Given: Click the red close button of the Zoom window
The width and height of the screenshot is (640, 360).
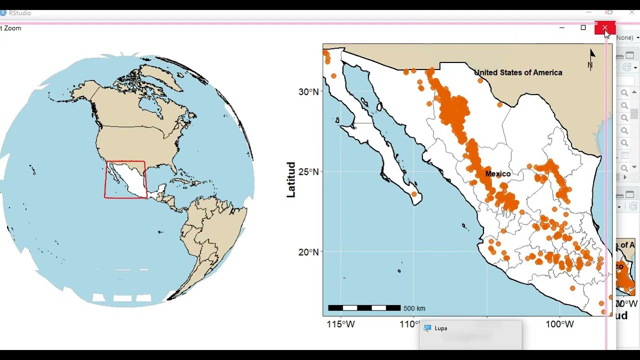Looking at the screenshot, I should click(x=604, y=28).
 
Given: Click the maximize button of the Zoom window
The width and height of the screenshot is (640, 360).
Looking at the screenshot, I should click(x=583, y=28).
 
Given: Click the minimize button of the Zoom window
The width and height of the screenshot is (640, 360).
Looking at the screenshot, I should click(x=562, y=28).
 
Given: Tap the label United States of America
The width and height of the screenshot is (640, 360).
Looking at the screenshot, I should click(x=518, y=72).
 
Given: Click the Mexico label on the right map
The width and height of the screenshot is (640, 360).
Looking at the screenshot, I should click(x=498, y=174).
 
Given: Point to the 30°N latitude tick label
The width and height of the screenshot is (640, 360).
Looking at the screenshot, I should click(x=308, y=92).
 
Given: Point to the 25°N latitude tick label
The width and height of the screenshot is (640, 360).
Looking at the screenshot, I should click(x=308, y=172).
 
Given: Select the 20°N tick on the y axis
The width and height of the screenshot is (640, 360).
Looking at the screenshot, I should click(x=308, y=252).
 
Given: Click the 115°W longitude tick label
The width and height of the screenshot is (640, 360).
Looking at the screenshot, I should click(x=341, y=324).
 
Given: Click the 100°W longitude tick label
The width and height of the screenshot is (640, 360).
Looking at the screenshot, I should click(x=559, y=324).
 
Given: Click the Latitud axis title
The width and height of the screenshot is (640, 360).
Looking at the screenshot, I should click(x=291, y=179).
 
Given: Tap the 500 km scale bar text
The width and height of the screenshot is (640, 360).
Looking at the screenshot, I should click(x=414, y=308).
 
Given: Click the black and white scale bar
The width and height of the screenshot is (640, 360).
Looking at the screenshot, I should click(x=364, y=308).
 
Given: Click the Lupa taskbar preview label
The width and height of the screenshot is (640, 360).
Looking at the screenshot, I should click(x=440, y=328).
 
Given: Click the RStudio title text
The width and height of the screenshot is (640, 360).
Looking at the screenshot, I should click(x=20, y=13).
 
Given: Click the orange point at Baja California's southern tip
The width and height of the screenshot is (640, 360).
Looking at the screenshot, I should click(x=414, y=194).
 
